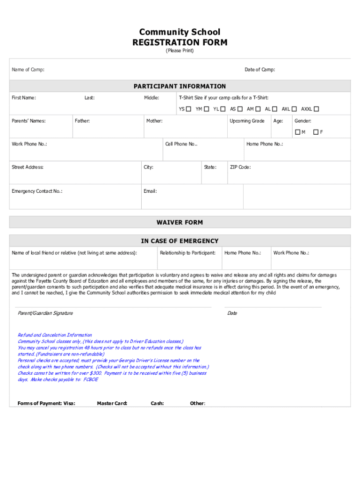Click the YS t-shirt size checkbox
188,109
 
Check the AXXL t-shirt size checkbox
317,109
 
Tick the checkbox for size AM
258,109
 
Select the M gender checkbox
297,132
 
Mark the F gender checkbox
316,132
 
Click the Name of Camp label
28,70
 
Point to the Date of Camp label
259,70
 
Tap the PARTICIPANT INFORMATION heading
180,86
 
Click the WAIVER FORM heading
180,222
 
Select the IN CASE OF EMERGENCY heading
180,241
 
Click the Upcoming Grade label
247,121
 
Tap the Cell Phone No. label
181,144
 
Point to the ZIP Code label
240,167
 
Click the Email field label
150,191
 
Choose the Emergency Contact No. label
37,191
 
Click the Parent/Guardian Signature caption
45,313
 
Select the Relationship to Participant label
187,253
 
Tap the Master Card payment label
112,403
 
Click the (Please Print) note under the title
180,51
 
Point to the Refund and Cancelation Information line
55,335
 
